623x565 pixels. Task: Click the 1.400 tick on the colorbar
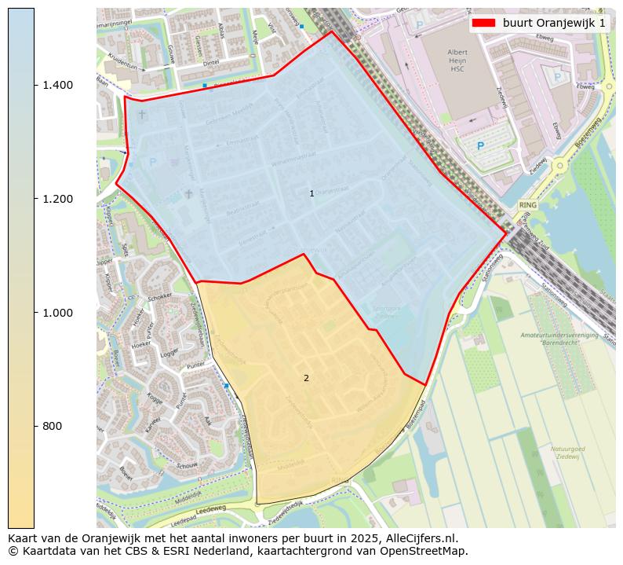tap(58, 85)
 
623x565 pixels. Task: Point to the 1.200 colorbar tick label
tap(58, 199)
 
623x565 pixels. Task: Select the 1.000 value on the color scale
tap(58, 313)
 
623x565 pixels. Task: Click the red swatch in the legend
tap(484, 23)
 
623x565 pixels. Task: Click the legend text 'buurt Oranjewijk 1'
tap(554, 23)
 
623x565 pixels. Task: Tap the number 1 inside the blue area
tap(311, 193)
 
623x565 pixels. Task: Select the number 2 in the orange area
tap(306, 378)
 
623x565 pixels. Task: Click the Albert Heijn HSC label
tap(457, 61)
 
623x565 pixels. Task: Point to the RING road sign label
tap(528, 204)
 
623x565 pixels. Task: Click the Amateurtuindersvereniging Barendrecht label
tap(558, 339)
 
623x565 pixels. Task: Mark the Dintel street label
tap(209, 64)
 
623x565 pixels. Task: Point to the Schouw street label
tap(187, 465)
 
